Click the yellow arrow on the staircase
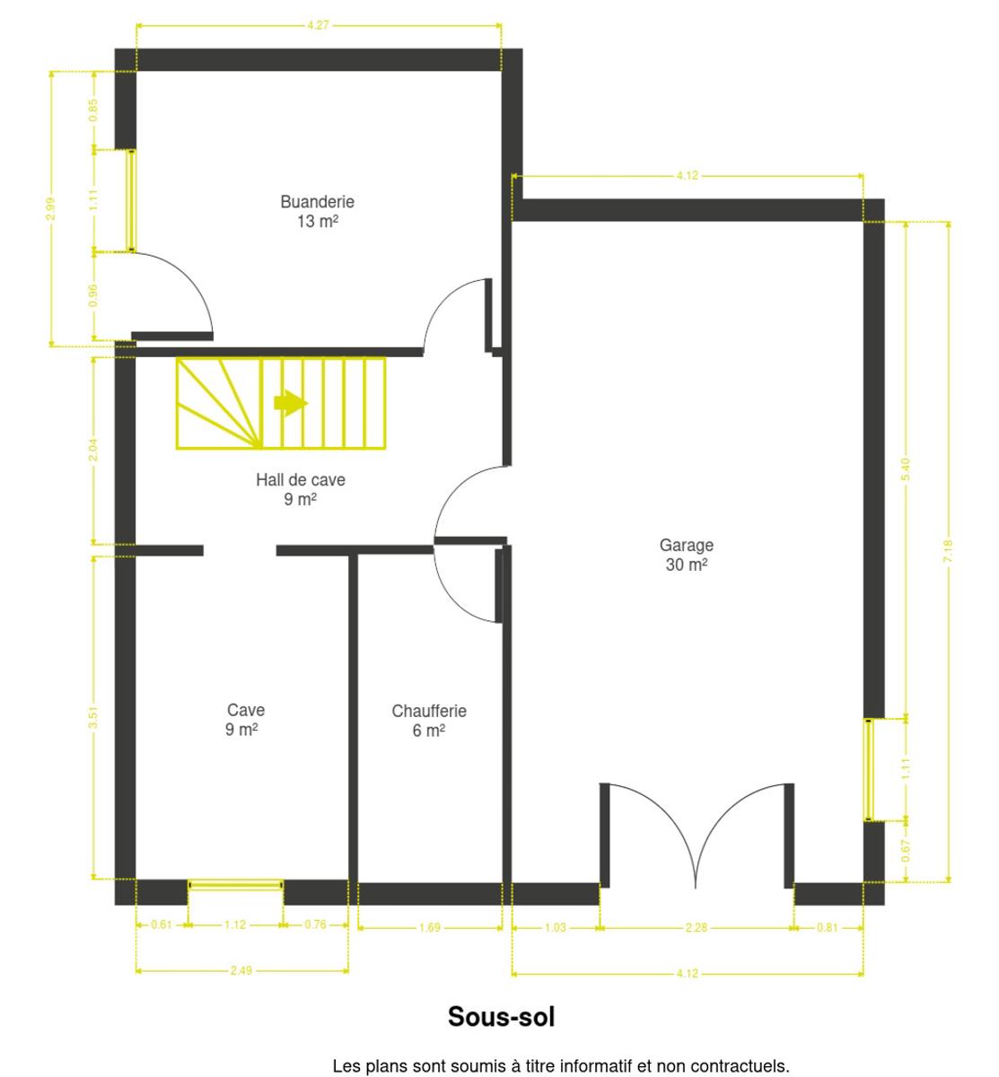pos(291,403)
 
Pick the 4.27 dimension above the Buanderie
pos(319,25)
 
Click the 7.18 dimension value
pos(948,551)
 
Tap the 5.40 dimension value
pos(905,468)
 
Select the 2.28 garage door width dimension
pos(697,928)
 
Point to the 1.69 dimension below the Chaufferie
pos(430,928)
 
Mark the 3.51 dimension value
pos(93,717)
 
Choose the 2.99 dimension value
pos(50,208)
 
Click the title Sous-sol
pos(501,1016)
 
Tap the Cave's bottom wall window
pos(235,885)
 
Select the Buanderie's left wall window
pos(131,201)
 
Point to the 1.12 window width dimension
pos(235,924)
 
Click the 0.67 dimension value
pos(905,851)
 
